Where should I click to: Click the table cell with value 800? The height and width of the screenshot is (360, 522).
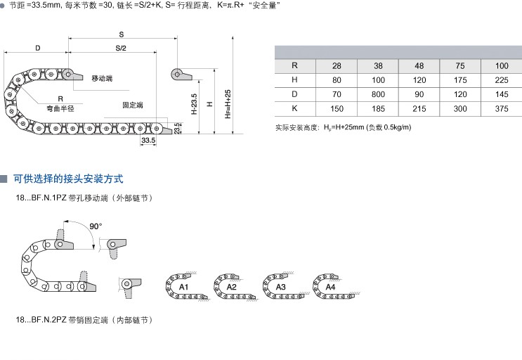tap(379, 94)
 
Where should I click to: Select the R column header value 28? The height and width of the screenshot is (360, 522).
tap(337, 65)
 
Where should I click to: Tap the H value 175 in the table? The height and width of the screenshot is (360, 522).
tap(460, 79)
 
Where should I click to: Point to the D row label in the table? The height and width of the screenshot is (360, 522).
tap(295, 94)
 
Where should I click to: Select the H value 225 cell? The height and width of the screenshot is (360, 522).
tap(501, 79)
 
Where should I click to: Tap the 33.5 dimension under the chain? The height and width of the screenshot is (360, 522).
tap(148, 141)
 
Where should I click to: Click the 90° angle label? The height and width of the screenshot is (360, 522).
tap(96, 226)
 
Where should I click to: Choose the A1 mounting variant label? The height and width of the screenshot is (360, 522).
tap(183, 288)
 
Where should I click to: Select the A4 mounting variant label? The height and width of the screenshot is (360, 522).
tap(329, 288)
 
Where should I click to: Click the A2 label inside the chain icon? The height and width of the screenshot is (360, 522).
tap(232, 288)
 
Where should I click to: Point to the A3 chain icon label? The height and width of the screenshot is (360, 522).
tap(280, 288)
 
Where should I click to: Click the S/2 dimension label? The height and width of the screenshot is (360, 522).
tap(121, 48)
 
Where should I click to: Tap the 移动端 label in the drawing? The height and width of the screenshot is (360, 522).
tap(103, 77)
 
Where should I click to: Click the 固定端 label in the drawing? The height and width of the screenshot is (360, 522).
tap(132, 104)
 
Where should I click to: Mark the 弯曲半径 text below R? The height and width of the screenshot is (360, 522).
tap(60, 108)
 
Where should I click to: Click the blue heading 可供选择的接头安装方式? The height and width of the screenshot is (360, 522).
tap(69, 179)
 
